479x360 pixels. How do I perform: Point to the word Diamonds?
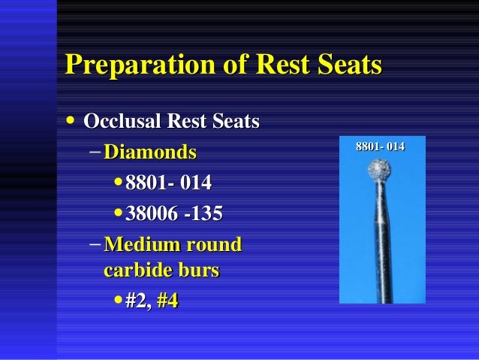[x=150, y=153]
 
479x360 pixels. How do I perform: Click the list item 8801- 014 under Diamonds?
[x=169, y=183]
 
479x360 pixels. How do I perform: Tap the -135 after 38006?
[x=202, y=213]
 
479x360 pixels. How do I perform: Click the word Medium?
[x=139, y=245]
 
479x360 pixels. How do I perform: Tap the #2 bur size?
[x=136, y=301]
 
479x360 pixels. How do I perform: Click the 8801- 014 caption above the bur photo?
[x=380, y=146]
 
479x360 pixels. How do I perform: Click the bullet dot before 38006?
[x=119, y=213]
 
